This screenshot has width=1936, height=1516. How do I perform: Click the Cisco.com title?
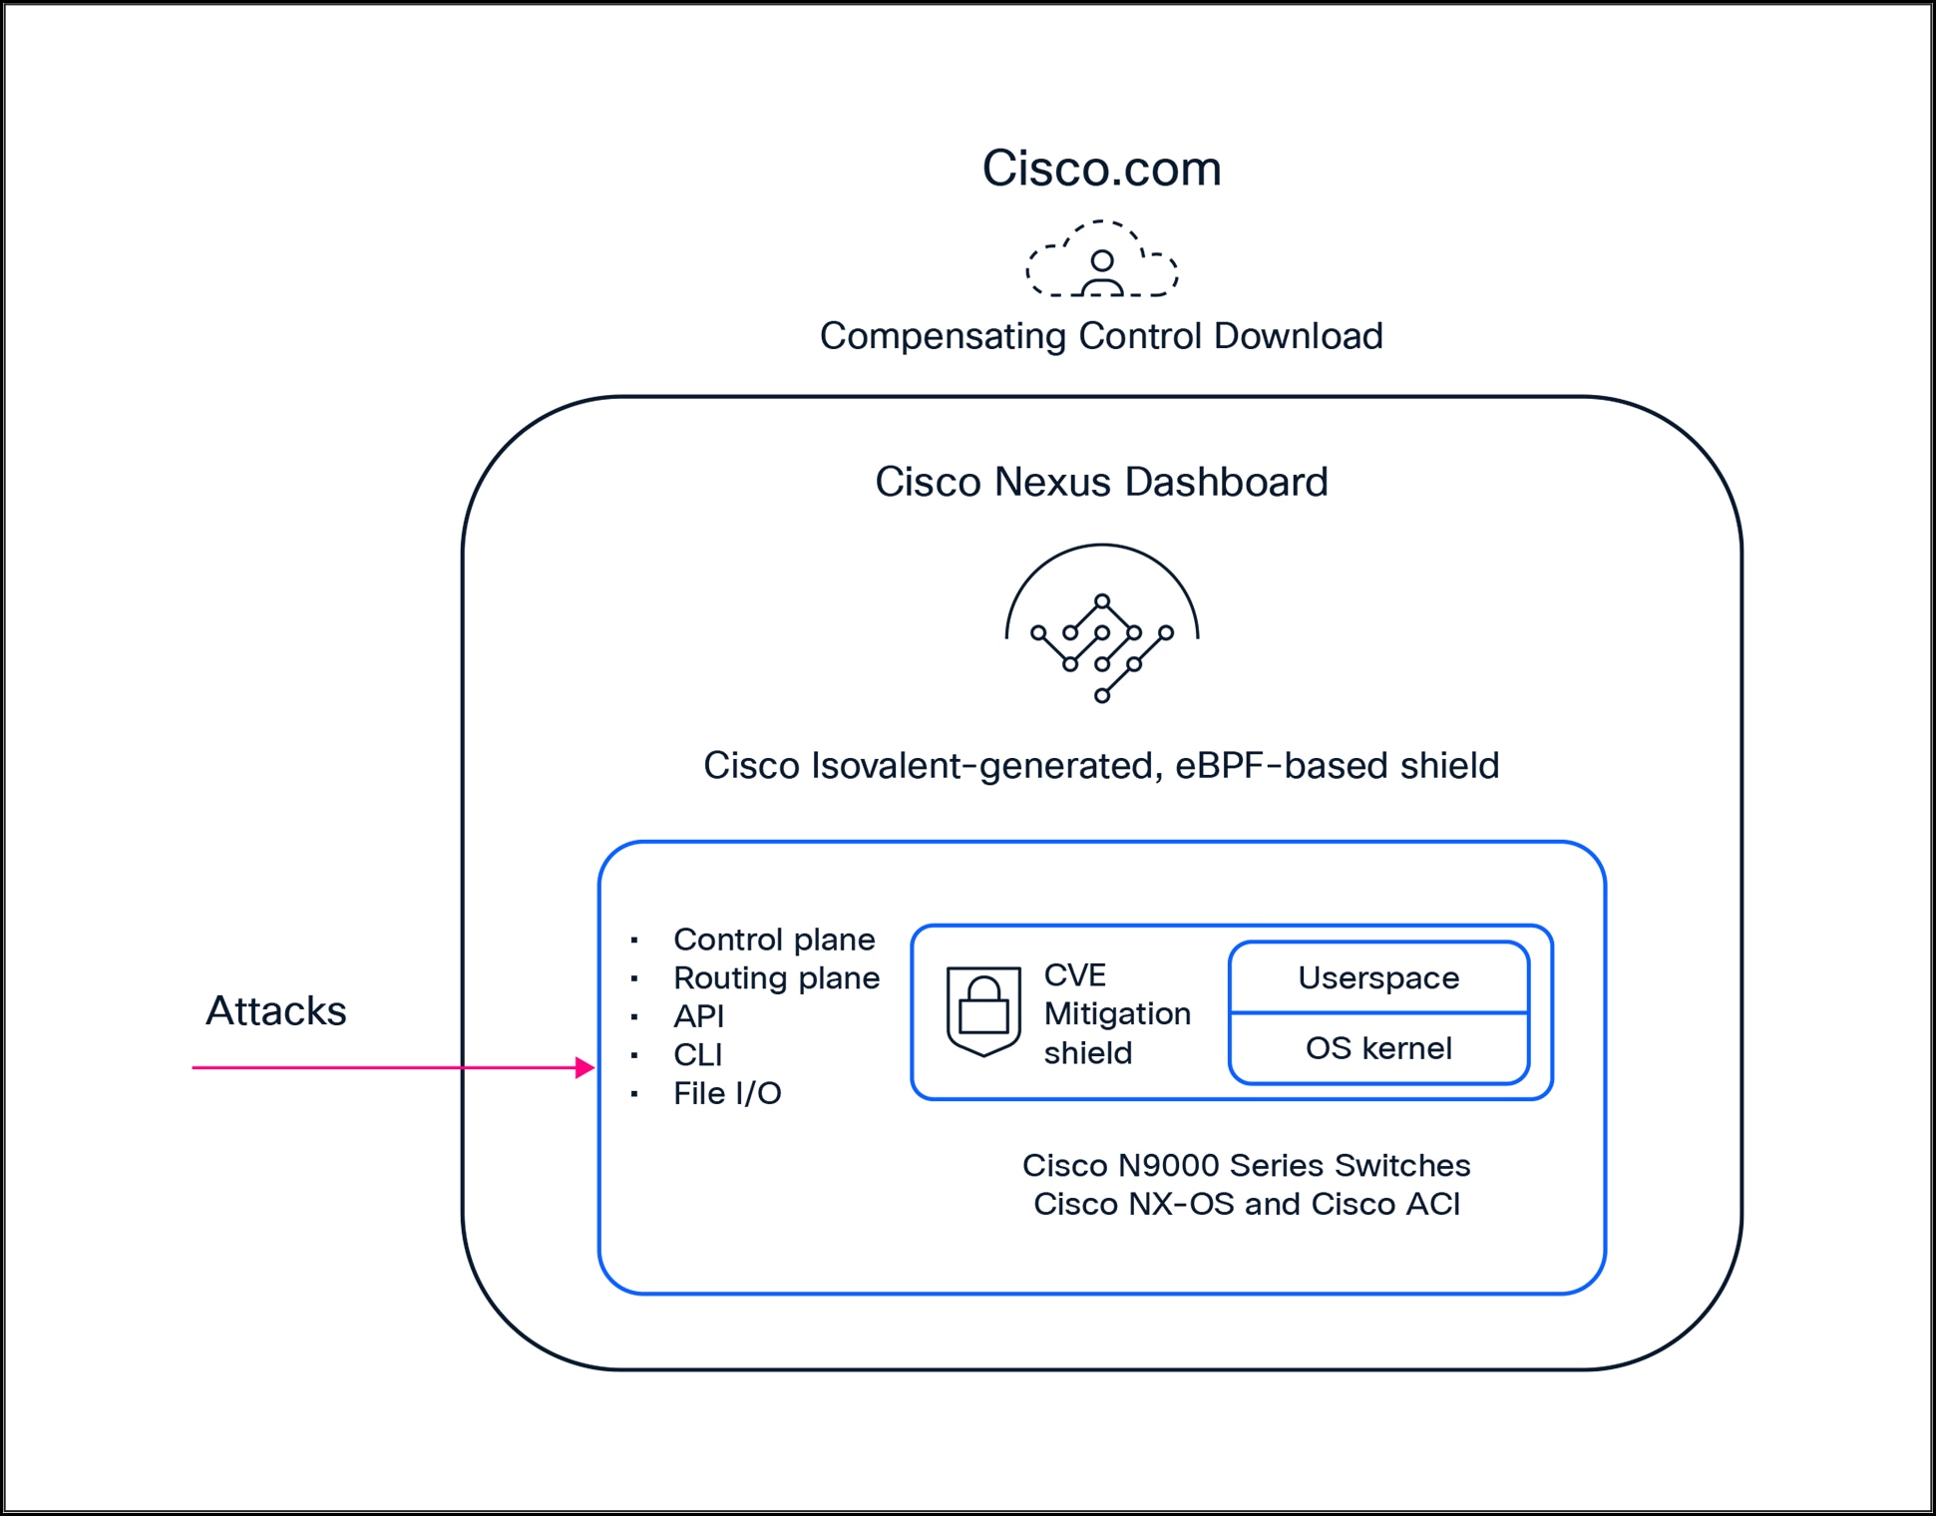click(x=1101, y=169)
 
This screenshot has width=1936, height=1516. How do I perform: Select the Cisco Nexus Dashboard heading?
click(x=1101, y=482)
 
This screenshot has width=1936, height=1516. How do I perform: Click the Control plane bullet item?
click(x=774, y=940)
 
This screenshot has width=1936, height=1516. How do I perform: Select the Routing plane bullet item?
click(x=776, y=978)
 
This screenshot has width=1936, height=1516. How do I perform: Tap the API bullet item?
click(x=698, y=1016)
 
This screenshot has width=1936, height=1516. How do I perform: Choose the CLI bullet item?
click(x=697, y=1055)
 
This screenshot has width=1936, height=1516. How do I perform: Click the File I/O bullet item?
click(x=727, y=1094)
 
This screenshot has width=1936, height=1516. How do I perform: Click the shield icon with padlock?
click(x=983, y=1011)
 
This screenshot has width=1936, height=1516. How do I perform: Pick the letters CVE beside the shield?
click(x=1074, y=974)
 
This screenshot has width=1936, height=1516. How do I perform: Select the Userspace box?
click(x=1378, y=978)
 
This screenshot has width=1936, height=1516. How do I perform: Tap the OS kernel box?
click(x=1378, y=1049)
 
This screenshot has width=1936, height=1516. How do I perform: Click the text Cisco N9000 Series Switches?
click(x=1246, y=1166)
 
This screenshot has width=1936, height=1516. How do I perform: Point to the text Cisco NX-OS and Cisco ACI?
click(x=1246, y=1205)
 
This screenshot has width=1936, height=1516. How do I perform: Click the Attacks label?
click(x=276, y=1011)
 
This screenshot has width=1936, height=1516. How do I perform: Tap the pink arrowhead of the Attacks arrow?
click(x=585, y=1068)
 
